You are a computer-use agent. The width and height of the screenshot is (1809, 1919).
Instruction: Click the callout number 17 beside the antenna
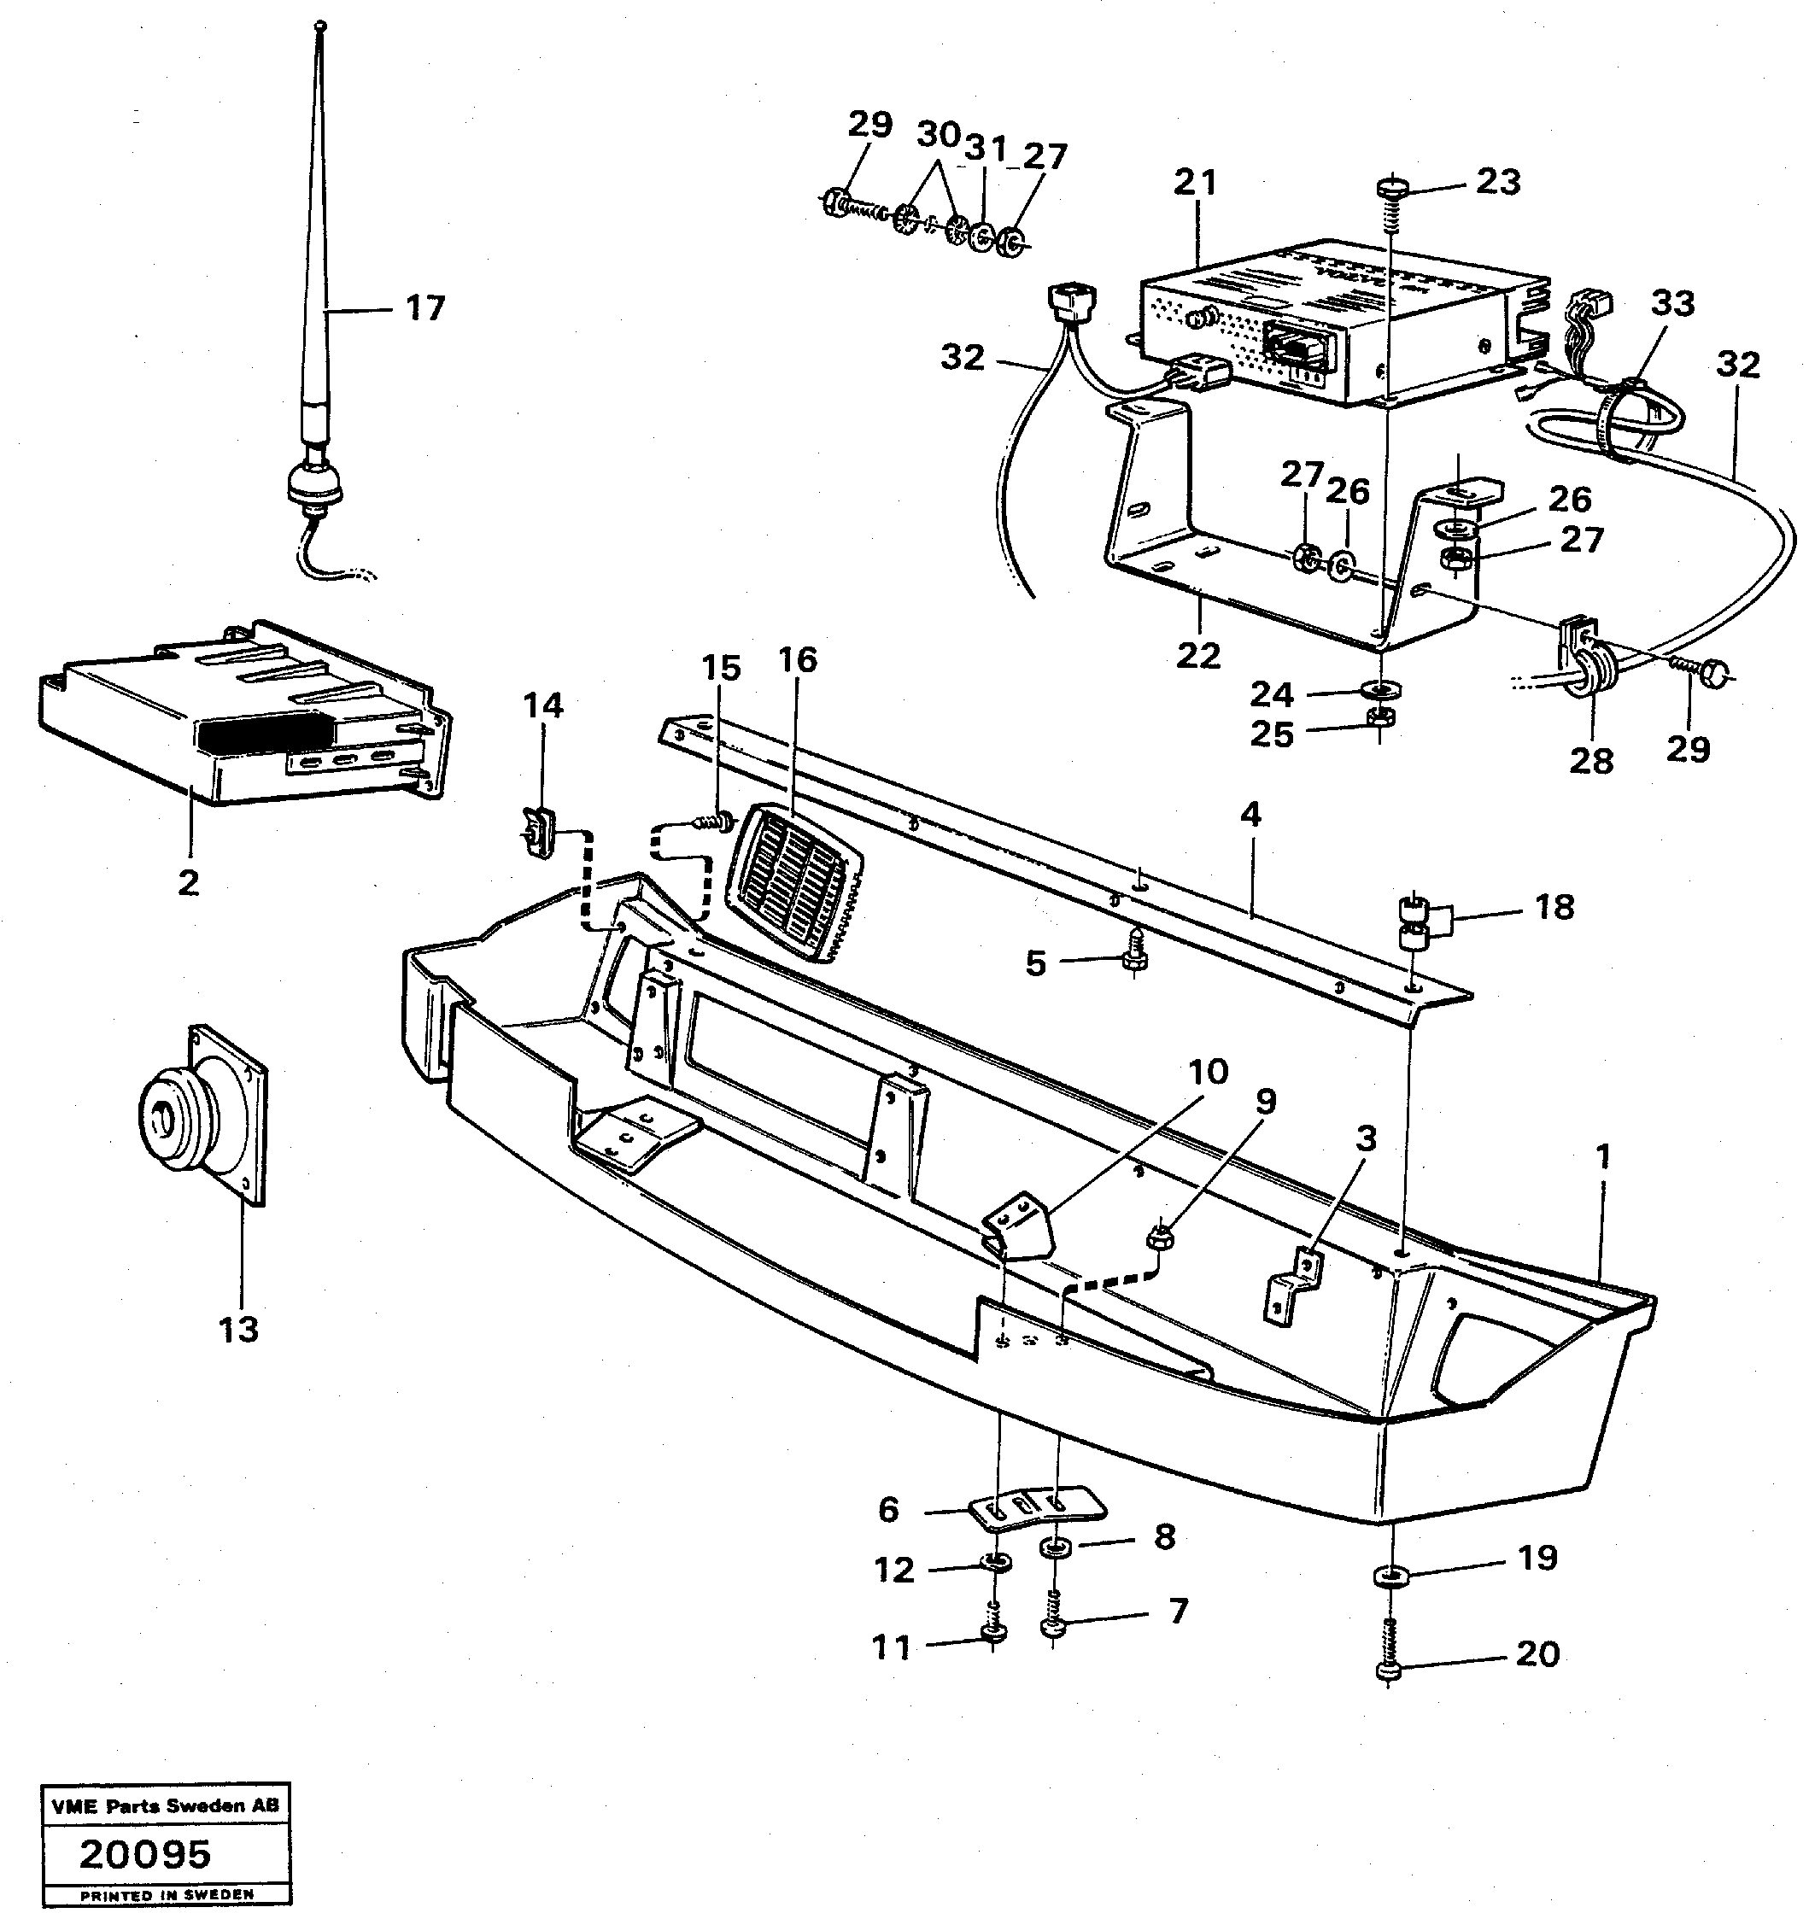(x=424, y=309)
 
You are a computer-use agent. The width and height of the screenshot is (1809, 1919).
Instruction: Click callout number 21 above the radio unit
(x=1196, y=184)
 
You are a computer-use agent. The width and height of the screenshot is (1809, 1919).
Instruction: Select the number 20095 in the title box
(x=145, y=1853)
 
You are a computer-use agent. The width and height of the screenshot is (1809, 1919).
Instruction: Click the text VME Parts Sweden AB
(x=165, y=1805)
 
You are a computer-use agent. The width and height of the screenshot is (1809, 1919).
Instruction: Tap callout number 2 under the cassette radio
(x=190, y=881)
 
